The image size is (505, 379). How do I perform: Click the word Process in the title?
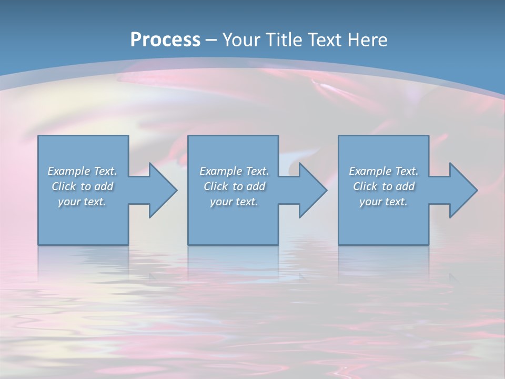165,40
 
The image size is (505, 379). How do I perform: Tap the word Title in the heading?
281,40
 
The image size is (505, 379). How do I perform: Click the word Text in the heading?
324,40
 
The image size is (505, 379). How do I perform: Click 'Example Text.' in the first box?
82,171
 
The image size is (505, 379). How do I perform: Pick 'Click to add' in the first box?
82,186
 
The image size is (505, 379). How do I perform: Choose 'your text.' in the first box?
82,202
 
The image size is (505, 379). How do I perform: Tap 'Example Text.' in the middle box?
234,171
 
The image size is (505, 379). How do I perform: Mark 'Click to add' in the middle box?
234,186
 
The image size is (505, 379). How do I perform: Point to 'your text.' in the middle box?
234,202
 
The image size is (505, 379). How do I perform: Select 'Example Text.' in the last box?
383,171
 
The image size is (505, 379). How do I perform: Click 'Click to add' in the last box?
383,186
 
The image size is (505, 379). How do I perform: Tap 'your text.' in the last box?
383,202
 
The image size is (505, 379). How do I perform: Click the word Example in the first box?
68,171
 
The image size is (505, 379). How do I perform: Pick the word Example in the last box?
370,171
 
